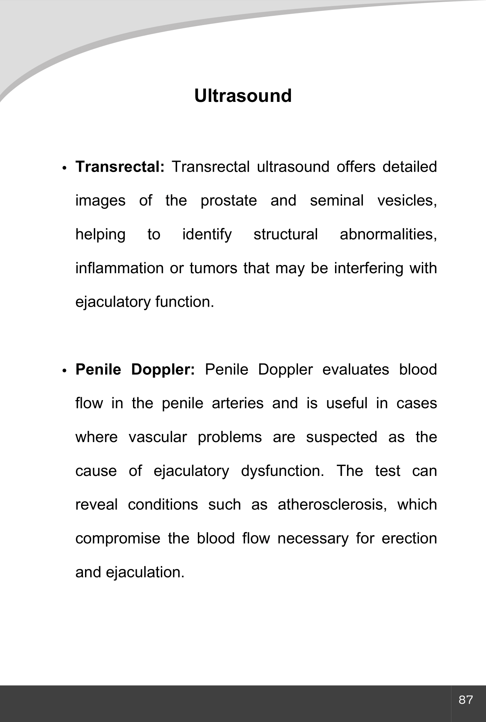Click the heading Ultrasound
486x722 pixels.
[243, 96]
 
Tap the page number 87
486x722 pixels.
[466, 700]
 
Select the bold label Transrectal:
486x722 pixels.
[120, 167]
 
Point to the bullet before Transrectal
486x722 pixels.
[64, 168]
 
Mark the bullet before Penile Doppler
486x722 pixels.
[64, 371]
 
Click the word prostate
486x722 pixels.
[229, 201]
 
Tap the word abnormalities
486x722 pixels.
[388, 234]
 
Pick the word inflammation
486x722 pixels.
[120, 268]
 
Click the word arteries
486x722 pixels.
[238, 403]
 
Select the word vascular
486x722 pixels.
[158, 437]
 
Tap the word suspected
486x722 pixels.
[341, 437]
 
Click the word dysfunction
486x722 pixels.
[282, 471]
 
